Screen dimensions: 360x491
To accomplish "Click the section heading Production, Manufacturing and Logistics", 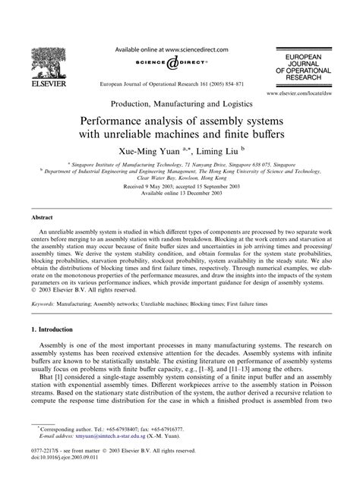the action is coord(180,105).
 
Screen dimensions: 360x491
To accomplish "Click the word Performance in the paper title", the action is coord(124,121).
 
